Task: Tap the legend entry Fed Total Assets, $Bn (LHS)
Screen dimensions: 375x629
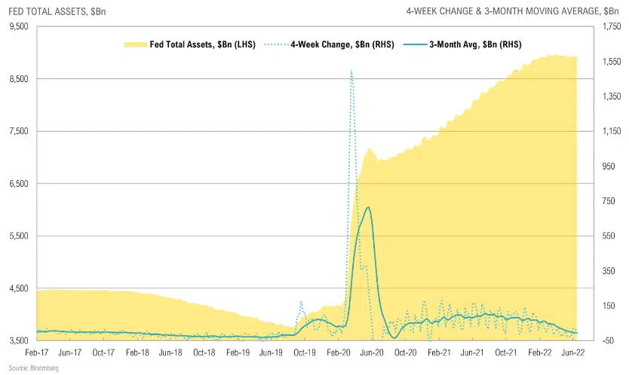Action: pyautogui.click(x=192, y=44)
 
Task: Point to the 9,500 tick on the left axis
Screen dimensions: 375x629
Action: pyautogui.click(x=18, y=26)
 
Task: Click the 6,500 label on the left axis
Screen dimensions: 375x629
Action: pyautogui.click(x=18, y=184)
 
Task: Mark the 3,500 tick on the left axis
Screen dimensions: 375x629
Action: pyautogui.click(x=18, y=341)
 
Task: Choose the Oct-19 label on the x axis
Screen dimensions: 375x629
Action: pyautogui.click(x=304, y=352)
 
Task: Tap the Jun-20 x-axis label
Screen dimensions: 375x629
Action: pyautogui.click(x=372, y=352)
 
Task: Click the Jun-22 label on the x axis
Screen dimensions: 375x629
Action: pyautogui.click(x=573, y=352)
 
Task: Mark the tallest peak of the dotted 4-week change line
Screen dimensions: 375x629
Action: pyautogui.click(x=351, y=71)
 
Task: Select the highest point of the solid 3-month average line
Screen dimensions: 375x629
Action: pyautogui.click(x=367, y=207)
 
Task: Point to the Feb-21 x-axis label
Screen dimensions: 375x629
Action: pyautogui.click(x=439, y=352)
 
